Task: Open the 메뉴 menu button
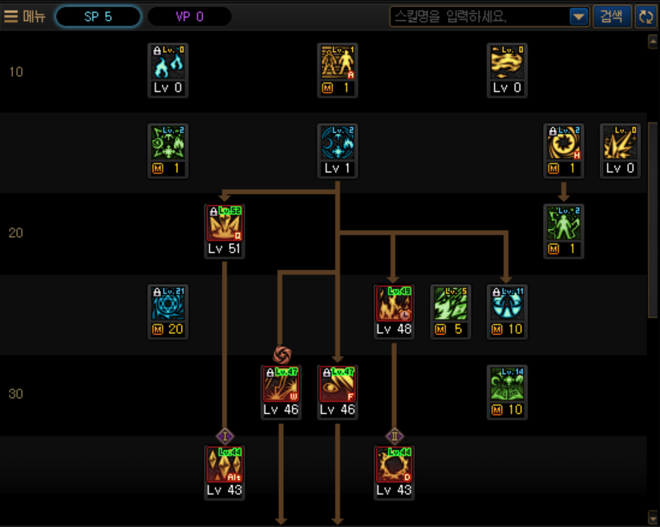click(25, 16)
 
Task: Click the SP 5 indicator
click(98, 16)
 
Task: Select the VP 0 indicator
click(189, 16)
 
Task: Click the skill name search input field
click(479, 16)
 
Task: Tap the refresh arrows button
click(645, 16)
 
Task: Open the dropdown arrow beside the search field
click(578, 16)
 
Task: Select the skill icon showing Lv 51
click(225, 223)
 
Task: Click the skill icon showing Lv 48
click(394, 304)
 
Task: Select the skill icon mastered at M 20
click(168, 304)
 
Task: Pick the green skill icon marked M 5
click(450, 304)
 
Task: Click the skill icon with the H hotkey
click(563, 143)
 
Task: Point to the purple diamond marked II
click(394, 436)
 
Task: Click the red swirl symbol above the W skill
click(281, 354)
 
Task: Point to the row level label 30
click(16, 394)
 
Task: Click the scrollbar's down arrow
click(653, 517)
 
